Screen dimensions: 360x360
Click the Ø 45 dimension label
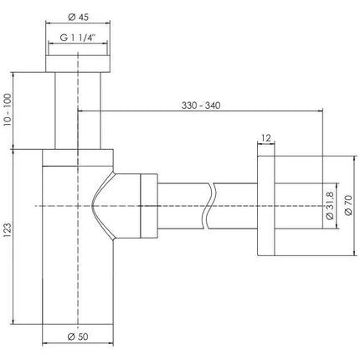pyautogui.click(x=78, y=17)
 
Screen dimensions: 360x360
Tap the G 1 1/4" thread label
pyautogui.click(x=78, y=38)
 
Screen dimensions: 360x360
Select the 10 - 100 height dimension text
pyautogui.click(x=8, y=110)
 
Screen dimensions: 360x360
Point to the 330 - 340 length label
pyautogui.click(x=201, y=105)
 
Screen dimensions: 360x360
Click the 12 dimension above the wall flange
pyautogui.click(x=266, y=138)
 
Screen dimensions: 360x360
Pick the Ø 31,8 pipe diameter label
pyautogui.click(x=330, y=206)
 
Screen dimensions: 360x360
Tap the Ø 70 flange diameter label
pyautogui.click(x=348, y=205)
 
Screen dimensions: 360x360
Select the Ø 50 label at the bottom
pyautogui.click(x=78, y=337)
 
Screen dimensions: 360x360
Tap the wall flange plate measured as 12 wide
pyautogui.click(x=266, y=206)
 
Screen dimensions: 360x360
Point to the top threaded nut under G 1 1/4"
pyautogui.click(x=78, y=64)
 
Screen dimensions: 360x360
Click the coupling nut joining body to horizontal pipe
pyautogui.click(x=149, y=206)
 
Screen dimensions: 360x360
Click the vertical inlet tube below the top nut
pyautogui.click(x=78, y=111)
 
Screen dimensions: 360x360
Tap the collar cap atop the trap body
pyautogui.click(x=78, y=157)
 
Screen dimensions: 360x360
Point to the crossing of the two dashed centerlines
pyautogui.click(x=78, y=206)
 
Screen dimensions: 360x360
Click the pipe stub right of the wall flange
pyautogui.click(x=299, y=206)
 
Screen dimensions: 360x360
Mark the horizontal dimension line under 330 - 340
pyautogui.click(x=200, y=111)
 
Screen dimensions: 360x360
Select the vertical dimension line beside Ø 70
pyautogui.click(x=355, y=206)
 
